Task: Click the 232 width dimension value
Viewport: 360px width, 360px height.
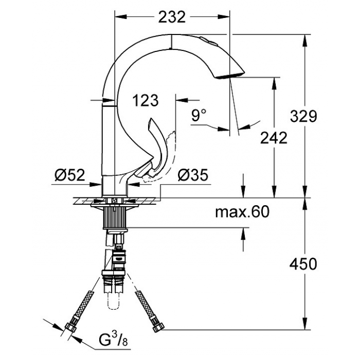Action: [x=172, y=17]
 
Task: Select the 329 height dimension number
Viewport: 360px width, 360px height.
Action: [x=303, y=116]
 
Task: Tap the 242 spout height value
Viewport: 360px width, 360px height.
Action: [x=274, y=138]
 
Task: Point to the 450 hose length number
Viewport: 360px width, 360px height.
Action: [x=303, y=264]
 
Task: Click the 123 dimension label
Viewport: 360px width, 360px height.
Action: [x=146, y=100]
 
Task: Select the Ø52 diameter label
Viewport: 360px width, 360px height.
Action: [x=70, y=175]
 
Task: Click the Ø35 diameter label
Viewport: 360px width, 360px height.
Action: [x=193, y=175]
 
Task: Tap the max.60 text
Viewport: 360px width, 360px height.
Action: [x=242, y=211]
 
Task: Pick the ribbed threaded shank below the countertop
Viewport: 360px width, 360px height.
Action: [x=115, y=217]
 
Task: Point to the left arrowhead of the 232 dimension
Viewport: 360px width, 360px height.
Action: [x=120, y=16]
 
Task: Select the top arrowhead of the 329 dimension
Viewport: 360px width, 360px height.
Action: [x=305, y=41]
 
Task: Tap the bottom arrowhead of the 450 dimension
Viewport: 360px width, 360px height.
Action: [x=305, y=323]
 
